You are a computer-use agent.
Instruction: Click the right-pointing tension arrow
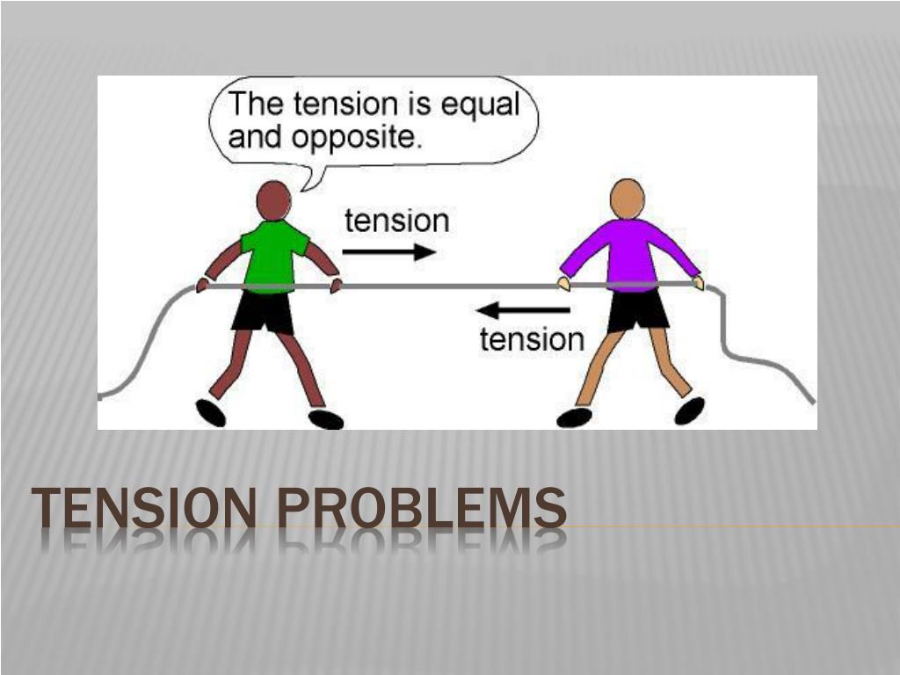[x=388, y=252]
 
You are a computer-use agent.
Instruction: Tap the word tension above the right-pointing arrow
[x=396, y=220]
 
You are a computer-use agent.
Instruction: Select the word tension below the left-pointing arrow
[x=532, y=339]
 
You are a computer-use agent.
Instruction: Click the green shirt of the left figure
[x=273, y=255]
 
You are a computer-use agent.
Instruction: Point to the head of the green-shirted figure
[x=273, y=200]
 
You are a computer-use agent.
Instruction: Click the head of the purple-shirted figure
[x=627, y=199]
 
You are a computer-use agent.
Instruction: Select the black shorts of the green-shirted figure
[x=263, y=311]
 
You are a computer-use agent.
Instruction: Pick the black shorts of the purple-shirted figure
[x=637, y=308]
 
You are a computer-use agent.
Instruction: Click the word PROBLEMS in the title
[x=421, y=509]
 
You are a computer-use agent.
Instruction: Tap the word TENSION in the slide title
[x=146, y=509]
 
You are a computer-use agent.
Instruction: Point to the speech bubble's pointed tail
[x=305, y=182]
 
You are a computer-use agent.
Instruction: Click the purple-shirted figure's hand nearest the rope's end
[x=699, y=282]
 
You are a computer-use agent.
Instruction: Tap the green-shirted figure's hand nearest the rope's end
[x=203, y=285]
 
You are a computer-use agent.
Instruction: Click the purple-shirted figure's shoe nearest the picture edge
[x=690, y=410]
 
